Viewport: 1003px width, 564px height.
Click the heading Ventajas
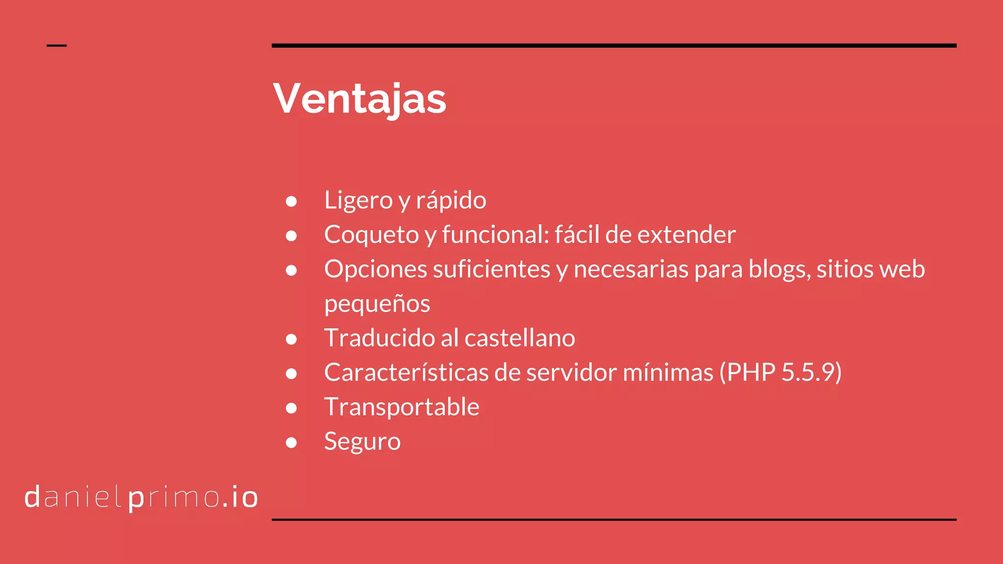pos(359,99)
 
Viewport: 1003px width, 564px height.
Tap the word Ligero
pos(358,200)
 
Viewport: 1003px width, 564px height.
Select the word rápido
pos(451,200)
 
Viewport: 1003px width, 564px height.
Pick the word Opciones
pos(375,269)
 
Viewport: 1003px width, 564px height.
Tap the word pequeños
pos(377,304)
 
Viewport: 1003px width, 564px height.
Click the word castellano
pos(520,338)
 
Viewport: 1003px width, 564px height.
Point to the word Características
pos(406,373)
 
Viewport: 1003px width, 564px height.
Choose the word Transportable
pos(402,407)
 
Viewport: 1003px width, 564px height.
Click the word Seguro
pos(362,442)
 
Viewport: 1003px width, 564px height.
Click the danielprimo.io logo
pos(141,497)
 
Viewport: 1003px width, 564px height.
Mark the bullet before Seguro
pos(291,443)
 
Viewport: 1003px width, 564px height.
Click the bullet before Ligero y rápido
pos(291,201)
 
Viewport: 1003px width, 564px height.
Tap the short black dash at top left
pos(56,46)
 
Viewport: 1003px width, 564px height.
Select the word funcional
pos(495,235)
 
